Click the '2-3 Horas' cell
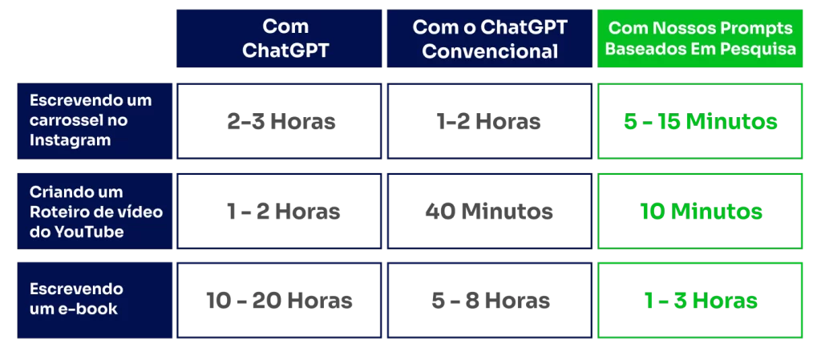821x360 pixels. click(x=279, y=121)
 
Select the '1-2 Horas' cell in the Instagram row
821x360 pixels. click(x=490, y=121)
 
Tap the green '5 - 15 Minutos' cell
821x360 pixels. click(x=700, y=121)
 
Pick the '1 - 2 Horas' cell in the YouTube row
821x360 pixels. click(x=279, y=212)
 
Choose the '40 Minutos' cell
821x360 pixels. click(x=490, y=212)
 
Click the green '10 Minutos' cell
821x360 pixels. click(x=700, y=212)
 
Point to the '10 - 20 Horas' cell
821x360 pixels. click(x=279, y=301)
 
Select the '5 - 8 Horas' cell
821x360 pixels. click(x=490, y=301)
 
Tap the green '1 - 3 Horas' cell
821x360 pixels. click(x=700, y=301)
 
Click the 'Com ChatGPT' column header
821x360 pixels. click(x=279, y=38)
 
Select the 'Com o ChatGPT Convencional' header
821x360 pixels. click(x=490, y=38)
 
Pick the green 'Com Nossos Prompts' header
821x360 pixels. click(x=700, y=38)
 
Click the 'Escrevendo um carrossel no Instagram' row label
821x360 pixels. click(x=95, y=121)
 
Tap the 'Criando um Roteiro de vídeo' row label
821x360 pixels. click(x=95, y=212)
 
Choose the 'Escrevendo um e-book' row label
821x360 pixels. click(x=95, y=301)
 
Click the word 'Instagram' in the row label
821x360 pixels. click(x=71, y=140)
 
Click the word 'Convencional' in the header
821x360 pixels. click(x=490, y=51)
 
